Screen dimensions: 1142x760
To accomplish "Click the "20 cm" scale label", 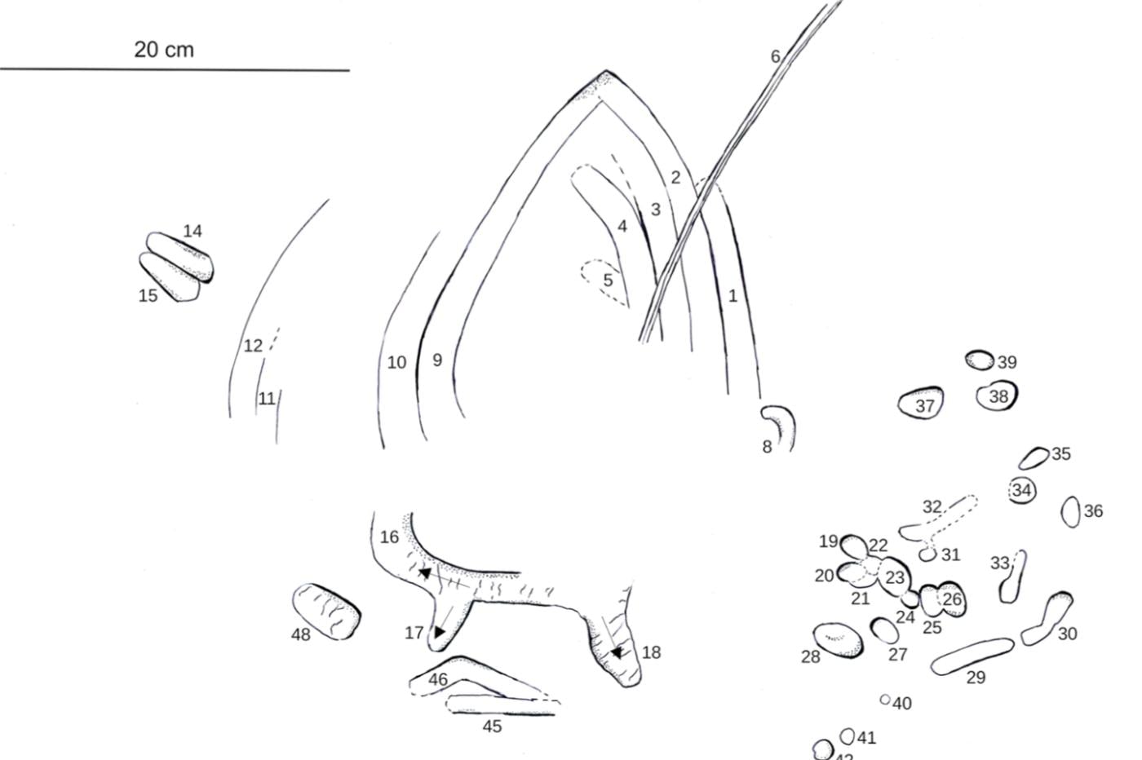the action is tap(164, 50).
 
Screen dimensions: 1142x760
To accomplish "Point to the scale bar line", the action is tap(175, 69).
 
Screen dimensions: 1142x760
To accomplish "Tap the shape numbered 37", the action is tap(921, 403).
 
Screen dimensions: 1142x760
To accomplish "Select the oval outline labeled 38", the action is tap(997, 395).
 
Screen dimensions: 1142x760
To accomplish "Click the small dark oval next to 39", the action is tap(980, 360).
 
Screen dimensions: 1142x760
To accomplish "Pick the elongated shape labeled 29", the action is tap(972, 656).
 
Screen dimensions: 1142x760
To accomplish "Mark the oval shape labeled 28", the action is tap(839, 640).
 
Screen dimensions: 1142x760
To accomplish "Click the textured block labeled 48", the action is tap(326, 611).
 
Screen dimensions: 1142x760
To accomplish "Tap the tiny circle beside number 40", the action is tap(885, 700).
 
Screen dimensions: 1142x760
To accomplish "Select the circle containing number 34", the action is tap(1022, 490).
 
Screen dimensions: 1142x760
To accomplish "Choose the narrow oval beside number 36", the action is tap(1070, 512).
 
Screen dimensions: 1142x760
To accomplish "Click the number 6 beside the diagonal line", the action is tap(776, 56).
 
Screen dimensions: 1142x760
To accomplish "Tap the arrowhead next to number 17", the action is tap(439, 632).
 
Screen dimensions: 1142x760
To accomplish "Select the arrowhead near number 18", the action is tap(617, 652).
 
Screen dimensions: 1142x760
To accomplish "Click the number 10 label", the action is tap(396, 362).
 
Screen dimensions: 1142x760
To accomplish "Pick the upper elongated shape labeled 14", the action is tap(180, 257).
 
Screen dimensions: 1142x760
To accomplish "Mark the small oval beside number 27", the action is tap(884, 630).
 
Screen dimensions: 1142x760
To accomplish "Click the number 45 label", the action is tap(492, 727).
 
